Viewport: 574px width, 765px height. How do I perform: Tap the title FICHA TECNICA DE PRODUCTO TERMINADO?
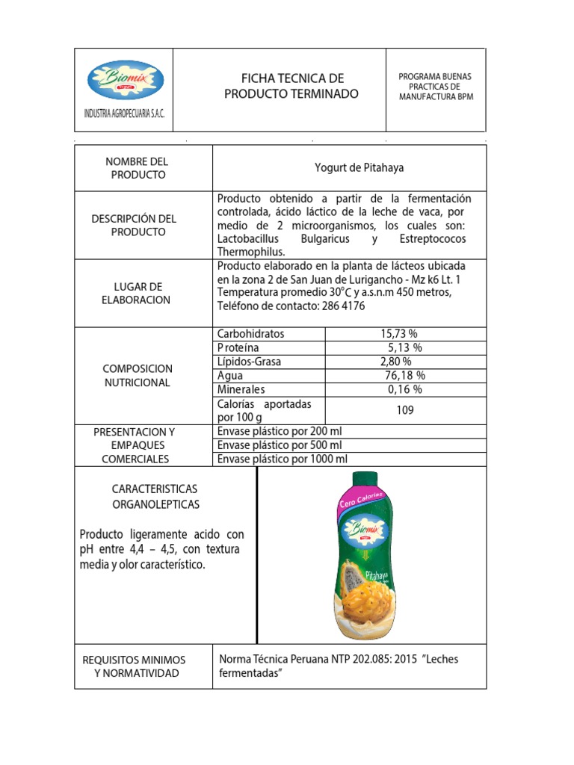[291, 86]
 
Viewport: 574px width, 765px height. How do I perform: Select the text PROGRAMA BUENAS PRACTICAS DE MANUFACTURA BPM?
[436, 87]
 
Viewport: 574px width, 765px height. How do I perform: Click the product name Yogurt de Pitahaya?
[359, 167]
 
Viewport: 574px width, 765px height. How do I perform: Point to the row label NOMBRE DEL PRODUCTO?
[138, 168]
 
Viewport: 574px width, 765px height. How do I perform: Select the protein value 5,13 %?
[405, 347]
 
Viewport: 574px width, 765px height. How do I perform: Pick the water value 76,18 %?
[405, 375]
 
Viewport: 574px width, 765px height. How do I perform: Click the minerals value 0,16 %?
[405, 389]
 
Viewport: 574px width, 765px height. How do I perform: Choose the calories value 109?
[405, 410]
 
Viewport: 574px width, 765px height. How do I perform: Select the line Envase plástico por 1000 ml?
[283, 459]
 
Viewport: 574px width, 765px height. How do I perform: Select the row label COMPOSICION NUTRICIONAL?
[138, 375]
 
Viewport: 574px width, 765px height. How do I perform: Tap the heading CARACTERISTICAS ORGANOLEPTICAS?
[156, 496]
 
